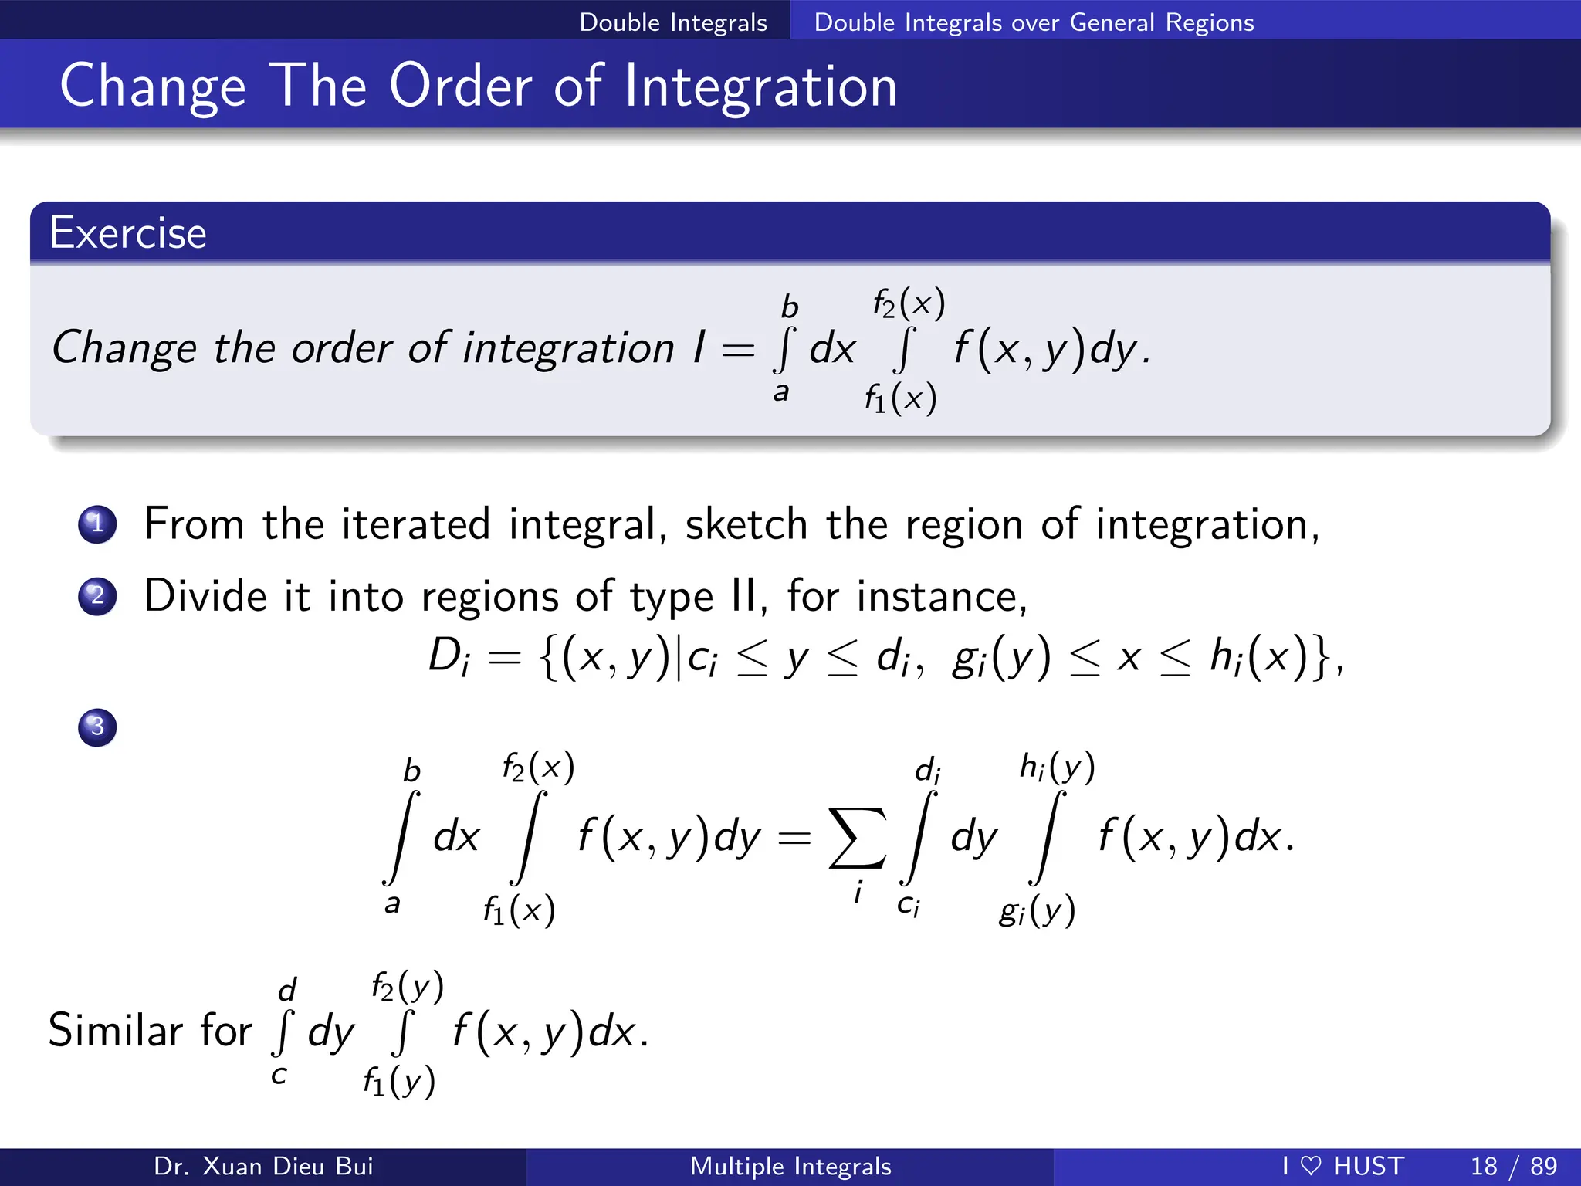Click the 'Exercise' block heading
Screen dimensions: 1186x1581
pos(128,233)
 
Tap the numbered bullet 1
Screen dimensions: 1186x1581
pos(97,524)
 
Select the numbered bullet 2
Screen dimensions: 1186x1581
pos(97,596)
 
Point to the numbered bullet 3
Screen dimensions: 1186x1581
pos(97,727)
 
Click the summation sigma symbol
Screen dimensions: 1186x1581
pos(856,838)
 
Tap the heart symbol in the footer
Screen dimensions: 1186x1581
pos(1311,1165)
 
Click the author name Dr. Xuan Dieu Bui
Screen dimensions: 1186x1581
pos(263,1166)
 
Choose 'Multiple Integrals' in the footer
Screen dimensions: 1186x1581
pos(790,1166)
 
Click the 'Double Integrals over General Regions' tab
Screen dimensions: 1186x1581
pos(1034,22)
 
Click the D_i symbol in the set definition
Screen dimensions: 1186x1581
pos(449,658)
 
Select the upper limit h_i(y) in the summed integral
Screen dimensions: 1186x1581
pos(1057,768)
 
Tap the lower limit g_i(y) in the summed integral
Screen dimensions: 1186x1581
pos(1037,911)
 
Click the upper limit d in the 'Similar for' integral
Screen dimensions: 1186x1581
pos(287,989)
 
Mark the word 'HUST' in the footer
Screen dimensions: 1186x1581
pos(1368,1166)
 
